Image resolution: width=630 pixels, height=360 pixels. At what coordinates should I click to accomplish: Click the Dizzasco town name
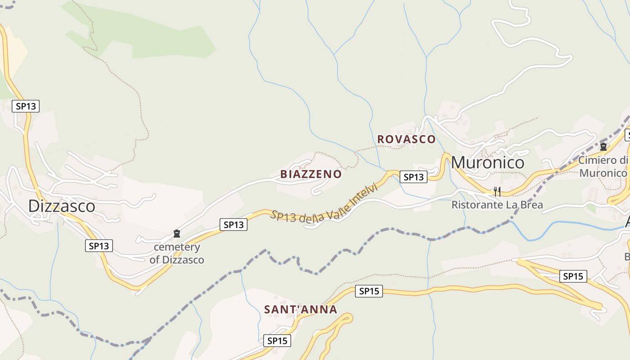coord(62,206)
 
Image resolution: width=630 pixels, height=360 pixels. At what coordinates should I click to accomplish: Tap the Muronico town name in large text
coord(487,162)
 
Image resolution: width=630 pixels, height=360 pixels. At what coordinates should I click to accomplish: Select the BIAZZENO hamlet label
coord(311,174)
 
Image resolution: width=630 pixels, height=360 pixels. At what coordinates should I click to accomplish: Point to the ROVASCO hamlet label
coord(406,139)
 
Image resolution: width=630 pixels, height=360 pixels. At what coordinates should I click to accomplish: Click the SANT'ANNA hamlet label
coord(301,310)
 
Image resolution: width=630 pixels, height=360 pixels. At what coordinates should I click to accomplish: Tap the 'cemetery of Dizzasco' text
coord(177,253)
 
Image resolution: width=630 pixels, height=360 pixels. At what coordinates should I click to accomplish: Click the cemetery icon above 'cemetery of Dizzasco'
coord(177,234)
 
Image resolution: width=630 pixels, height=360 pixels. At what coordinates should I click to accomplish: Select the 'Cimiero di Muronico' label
coord(603,166)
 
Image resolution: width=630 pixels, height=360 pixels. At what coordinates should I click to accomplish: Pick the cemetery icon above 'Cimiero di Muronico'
coord(603,147)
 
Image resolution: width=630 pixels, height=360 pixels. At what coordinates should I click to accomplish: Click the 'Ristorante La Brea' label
coord(497,205)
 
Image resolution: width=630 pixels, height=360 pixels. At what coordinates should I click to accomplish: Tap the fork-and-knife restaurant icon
coord(497,192)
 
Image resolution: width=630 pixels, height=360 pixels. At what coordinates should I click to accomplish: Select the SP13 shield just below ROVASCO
coord(414,177)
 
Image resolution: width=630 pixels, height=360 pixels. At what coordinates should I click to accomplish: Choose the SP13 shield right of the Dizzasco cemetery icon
coord(234,224)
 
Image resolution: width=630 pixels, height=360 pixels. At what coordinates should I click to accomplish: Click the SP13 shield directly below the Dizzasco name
coord(99,246)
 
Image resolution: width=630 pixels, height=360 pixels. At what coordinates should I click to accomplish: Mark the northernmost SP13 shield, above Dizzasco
coord(26,106)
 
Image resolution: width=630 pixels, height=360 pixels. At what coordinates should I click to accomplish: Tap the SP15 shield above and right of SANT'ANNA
coord(369,291)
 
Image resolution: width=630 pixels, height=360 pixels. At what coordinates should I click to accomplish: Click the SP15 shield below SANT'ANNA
coord(277,341)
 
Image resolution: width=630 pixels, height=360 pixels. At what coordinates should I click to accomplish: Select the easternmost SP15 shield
coord(573,276)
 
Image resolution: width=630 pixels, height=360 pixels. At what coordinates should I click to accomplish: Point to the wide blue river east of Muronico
coord(562,225)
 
